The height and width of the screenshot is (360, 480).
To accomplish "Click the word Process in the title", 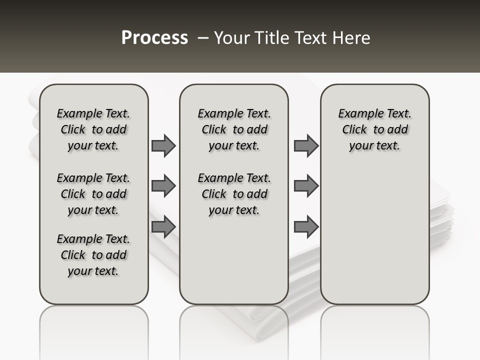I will [x=154, y=37].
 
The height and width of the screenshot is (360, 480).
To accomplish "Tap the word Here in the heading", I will [x=351, y=38].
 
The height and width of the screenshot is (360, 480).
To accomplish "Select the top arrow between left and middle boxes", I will [x=163, y=145].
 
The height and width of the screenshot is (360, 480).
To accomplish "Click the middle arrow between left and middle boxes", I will [x=163, y=186].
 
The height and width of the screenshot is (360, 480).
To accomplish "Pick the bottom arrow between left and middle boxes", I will [x=163, y=227].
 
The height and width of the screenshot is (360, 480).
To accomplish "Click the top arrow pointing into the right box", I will [x=306, y=145].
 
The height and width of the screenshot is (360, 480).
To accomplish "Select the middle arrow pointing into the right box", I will [x=306, y=186].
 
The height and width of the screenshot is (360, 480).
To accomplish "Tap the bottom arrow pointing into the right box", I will [x=306, y=227].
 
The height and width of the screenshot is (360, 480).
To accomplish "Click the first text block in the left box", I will [x=93, y=129].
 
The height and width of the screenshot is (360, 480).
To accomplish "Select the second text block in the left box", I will [x=93, y=194].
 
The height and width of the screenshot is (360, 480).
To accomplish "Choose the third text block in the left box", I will [x=93, y=255].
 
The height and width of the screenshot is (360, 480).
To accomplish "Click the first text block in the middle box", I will [x=234, y=129].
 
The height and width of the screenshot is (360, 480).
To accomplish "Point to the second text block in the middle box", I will [x=234, y=194].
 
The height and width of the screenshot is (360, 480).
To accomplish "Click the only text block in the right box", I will [x=374, y=129].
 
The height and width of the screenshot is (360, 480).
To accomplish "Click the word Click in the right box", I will [x=354, y=130].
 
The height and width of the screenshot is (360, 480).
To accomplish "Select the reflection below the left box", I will [x=94, y=330].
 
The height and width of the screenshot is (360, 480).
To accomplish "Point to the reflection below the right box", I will [x=374, y=330].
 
